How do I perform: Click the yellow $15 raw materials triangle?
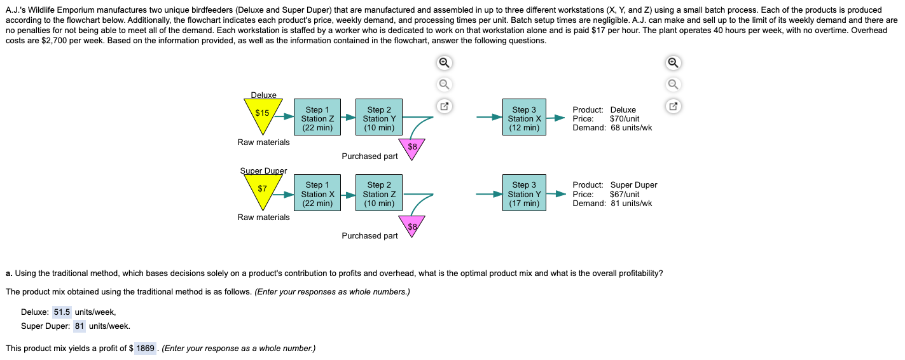tap(263, 113)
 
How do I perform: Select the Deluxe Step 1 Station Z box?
tap(317, 119)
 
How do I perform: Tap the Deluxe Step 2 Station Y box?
tap(379, 119)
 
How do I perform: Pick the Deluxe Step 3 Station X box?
tap(524, 119)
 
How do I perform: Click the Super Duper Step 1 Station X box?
tap(317, 194)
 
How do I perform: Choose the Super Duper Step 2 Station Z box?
tap(379, 194)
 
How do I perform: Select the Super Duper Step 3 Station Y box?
tap(524, 194)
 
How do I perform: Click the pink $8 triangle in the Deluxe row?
tap(412, 147)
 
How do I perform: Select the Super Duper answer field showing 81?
tap(80, 326)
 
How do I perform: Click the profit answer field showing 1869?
tap(146, 349)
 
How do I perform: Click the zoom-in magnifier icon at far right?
tap(674, 63)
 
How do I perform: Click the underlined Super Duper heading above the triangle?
tap(263, 170)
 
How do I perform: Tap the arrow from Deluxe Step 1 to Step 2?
tap(347, 118)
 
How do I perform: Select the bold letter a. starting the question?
tap(9, 273)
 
